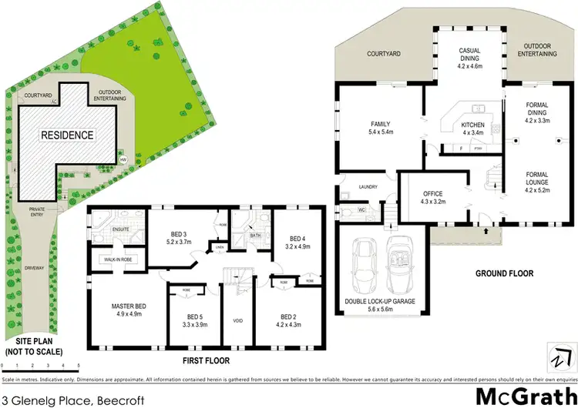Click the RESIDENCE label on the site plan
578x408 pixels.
(68, 135)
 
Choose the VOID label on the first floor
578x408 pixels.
(238, 320)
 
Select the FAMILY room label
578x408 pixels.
(379, 124)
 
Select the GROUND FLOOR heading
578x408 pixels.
(505, 273)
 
